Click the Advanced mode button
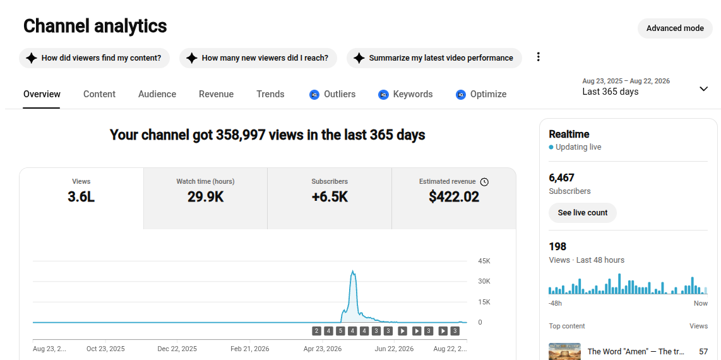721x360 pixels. point(674,28)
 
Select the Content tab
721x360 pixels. point(99,94)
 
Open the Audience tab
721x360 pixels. point(157,94)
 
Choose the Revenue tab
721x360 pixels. point(216,94)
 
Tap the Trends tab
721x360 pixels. point(270,94)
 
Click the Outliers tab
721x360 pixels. point(333,94)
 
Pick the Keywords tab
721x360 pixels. point(405,94)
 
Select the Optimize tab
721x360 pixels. point(481,94)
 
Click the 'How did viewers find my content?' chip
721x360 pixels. point(94,58)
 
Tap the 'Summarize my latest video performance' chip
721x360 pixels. point(434,58)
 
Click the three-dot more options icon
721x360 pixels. point(538,57)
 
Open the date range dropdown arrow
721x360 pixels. point(703,88)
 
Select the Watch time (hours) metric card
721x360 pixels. point(206,198)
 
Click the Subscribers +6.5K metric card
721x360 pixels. point(330,198)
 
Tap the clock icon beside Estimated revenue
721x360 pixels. point(484,182)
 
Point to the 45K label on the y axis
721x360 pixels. point(484,261)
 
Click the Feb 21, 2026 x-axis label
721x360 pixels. point(250,349)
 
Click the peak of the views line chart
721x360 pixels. point(352,270)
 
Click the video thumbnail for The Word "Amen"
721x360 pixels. point(564,351)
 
